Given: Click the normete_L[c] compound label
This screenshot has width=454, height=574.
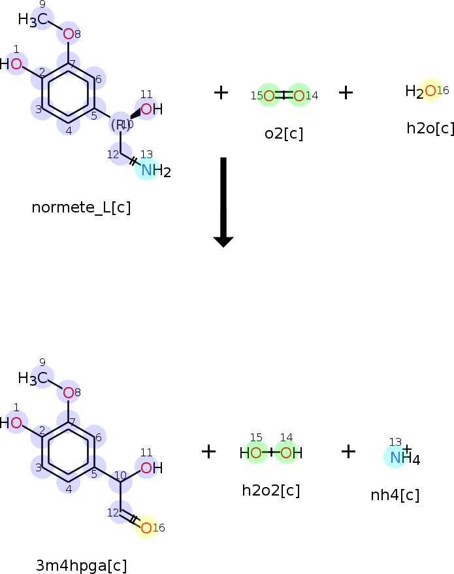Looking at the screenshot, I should [81, 208].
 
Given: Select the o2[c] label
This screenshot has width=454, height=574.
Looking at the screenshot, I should [284, 134].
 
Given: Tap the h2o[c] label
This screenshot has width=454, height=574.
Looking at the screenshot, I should [430, 128].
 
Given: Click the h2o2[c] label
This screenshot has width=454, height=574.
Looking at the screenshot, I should [270, 490].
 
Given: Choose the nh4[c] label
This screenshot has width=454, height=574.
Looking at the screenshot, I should [395, 496].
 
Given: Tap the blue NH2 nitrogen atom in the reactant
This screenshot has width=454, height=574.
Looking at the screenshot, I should [146, 171].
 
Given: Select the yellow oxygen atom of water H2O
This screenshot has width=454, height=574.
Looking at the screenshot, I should [429, 90].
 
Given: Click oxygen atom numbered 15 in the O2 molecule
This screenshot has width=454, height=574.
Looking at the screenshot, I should [269, 96].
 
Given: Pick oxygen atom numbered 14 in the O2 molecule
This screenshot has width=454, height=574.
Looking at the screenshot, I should [299, 96].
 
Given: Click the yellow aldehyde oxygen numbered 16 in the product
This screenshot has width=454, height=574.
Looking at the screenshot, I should [146, 527].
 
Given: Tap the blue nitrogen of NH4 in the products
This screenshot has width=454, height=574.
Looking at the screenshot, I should [395, 458].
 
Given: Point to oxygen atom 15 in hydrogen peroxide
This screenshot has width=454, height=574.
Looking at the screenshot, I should [256, 452].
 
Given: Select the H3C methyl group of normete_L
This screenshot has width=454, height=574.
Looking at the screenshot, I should [33, 20].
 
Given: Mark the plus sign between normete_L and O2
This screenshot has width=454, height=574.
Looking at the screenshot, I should [221, 93].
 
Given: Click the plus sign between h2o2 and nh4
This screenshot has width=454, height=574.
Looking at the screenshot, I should [348, 451].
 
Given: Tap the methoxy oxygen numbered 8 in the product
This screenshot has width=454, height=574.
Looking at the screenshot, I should [69, 393].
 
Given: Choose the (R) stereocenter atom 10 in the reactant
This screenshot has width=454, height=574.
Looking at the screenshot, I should [120, 124].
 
